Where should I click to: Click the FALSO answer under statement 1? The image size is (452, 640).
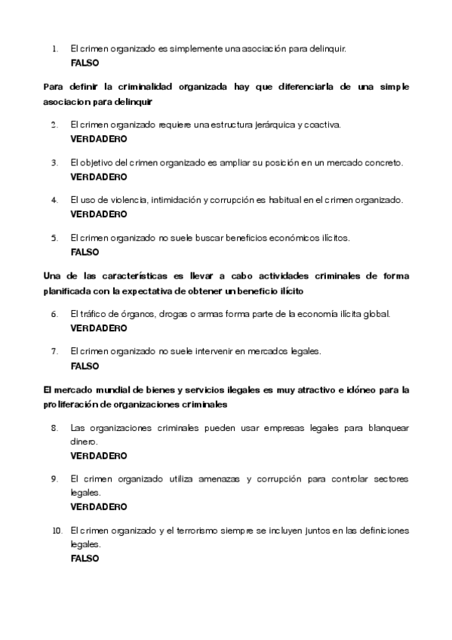click(85, 63)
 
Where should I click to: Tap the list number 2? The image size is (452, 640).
click(54, 125)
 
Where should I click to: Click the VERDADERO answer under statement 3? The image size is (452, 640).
click(99, 177)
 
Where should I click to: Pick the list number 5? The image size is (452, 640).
click(54, 238)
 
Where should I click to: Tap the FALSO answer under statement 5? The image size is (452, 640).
click(85, 252)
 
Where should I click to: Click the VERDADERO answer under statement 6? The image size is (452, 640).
click(99, 328)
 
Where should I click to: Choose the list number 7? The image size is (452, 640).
click(54, 351)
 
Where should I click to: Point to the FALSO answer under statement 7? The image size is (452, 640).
click(85, 366)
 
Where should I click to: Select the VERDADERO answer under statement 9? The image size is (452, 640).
click(99, 506)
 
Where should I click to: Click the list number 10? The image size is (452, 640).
click(56, 531)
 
